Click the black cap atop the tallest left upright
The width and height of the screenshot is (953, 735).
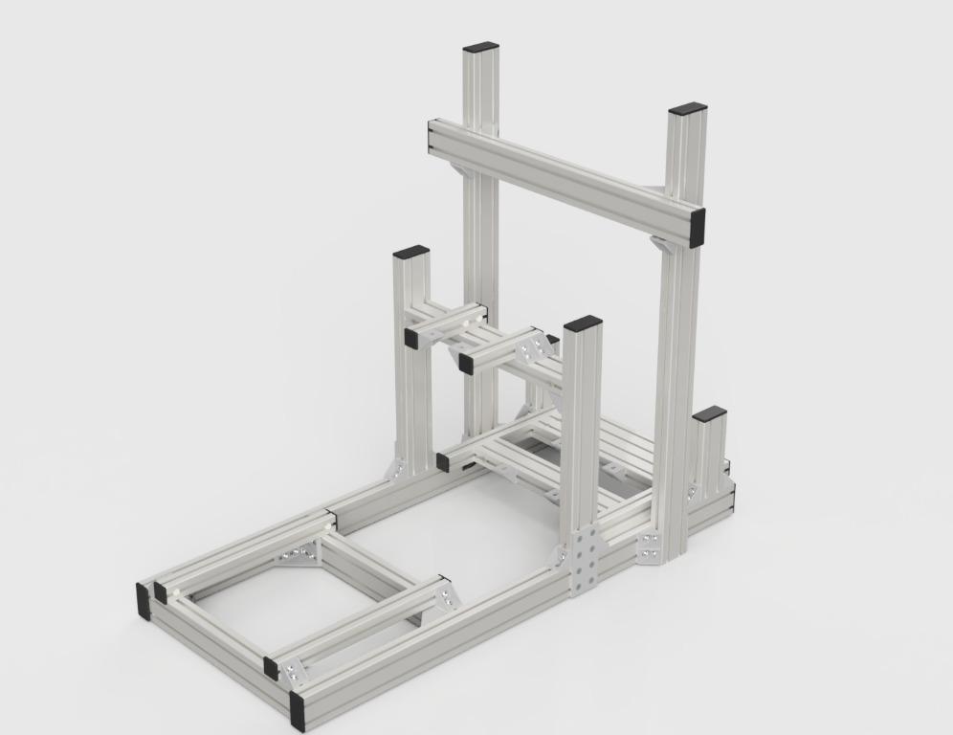tap(481, 47)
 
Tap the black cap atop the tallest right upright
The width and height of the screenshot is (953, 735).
tap(687, 109)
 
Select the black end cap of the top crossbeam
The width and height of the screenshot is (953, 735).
tap(697, 228)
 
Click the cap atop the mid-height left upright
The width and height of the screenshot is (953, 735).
tap(410, 252)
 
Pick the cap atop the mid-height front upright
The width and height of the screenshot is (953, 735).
tap(583, 323)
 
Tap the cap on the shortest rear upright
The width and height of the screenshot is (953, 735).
tap(709, 414)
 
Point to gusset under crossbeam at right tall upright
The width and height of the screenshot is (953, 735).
tap(661, 243)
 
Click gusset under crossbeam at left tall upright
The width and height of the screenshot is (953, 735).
tap(460, 171)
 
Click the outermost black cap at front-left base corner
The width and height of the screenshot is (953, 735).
tap(144, 599)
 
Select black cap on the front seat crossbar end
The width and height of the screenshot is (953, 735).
tap(271, 668)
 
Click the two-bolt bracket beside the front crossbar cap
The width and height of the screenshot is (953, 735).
tap(292, 673)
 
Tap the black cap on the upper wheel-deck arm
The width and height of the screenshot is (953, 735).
tap(410, 338)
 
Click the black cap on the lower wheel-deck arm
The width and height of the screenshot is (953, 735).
tap(466, 364)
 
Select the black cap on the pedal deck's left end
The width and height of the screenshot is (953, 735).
tap(443, 462)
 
